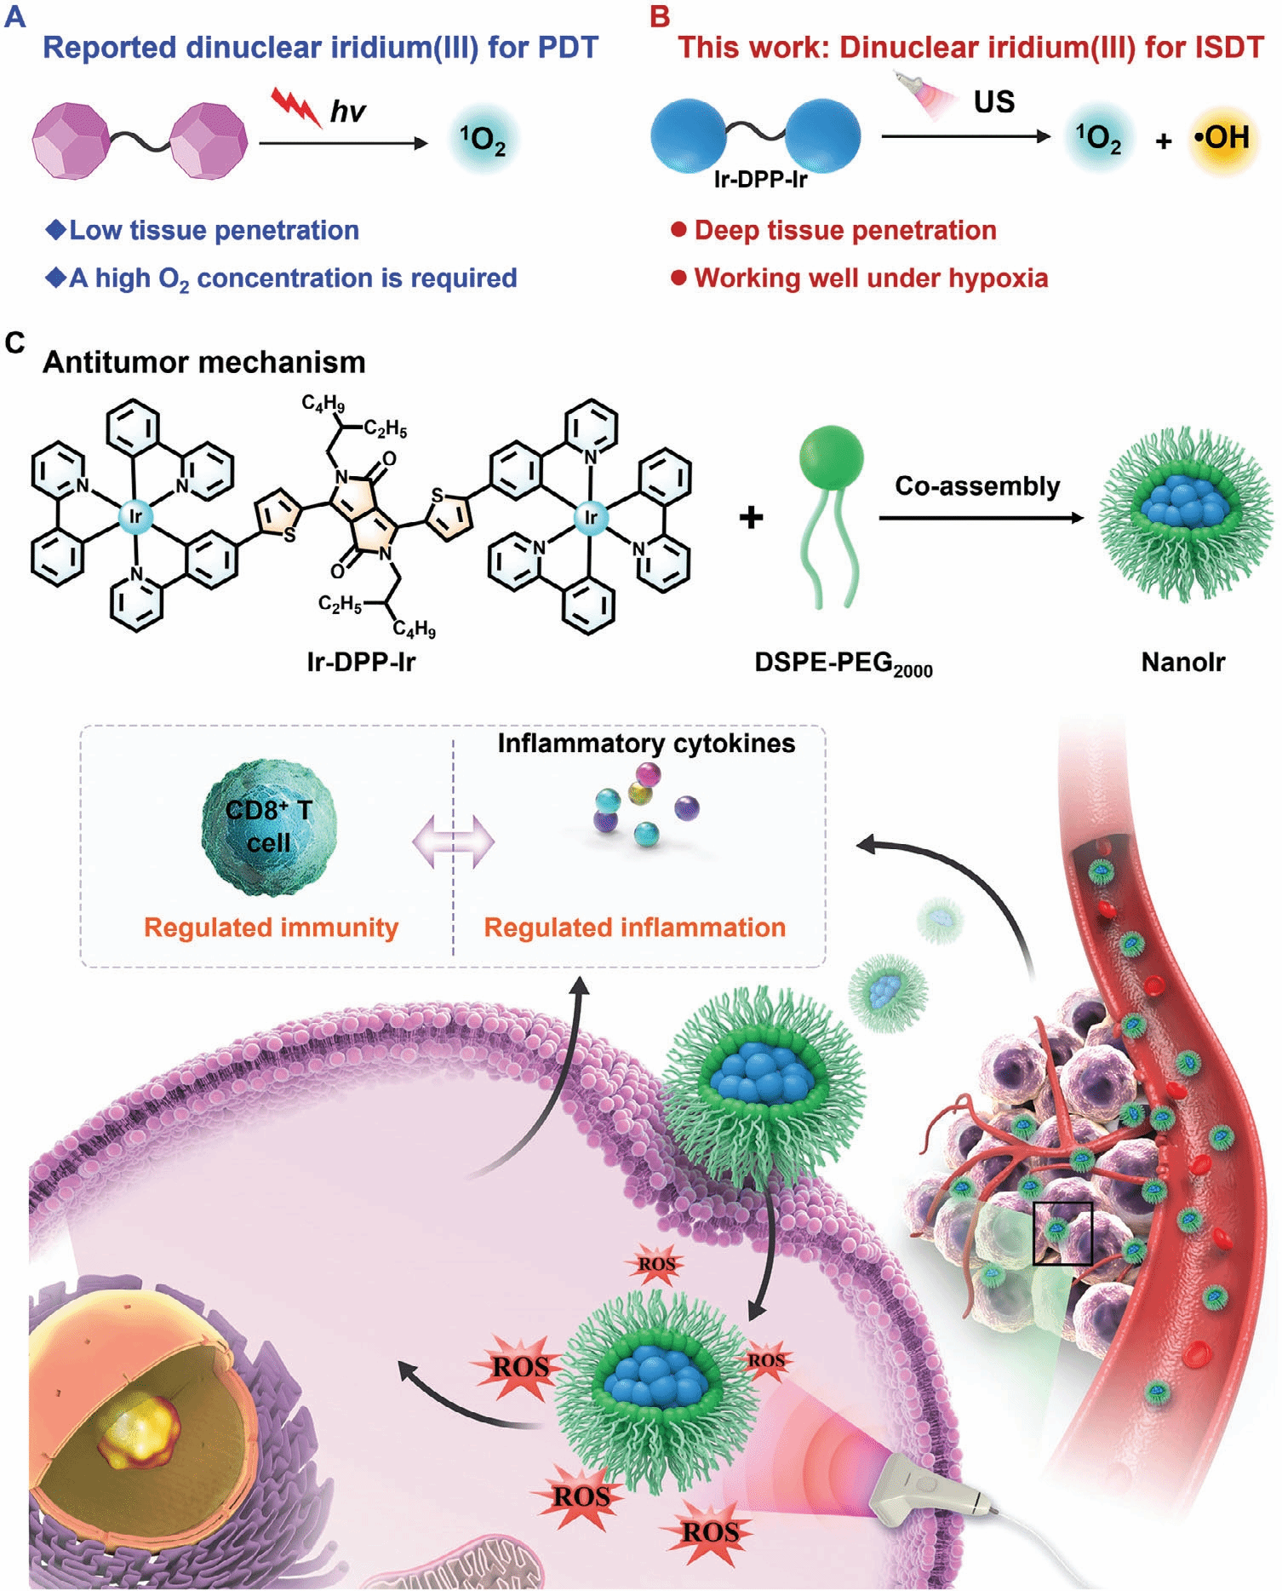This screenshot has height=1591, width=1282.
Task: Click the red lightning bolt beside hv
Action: (x=295, y=106)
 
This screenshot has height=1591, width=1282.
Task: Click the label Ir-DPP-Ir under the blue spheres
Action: (x=760, y=180)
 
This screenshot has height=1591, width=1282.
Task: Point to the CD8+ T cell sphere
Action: (x=268, y=827)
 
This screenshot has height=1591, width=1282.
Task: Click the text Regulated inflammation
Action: (x=634, y=928)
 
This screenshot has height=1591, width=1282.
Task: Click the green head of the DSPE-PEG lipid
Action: (x=831, y=457)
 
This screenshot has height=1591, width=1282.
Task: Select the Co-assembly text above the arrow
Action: (x=977, y=486)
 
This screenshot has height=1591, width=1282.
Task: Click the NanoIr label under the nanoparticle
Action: (x=1182, y=663)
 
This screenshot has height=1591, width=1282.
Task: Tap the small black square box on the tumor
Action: (x=1062, y=1232)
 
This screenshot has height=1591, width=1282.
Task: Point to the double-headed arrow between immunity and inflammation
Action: (x=453, y=842)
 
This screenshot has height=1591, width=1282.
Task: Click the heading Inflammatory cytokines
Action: (x=646, y=744)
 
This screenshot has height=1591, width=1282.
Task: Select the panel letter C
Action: (x=14, y=342)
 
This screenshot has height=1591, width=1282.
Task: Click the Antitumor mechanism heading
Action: (x=204, y=363)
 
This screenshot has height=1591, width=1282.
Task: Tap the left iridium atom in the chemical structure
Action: (x=135, y=515)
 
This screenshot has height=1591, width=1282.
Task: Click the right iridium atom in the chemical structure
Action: (x=590, y=515)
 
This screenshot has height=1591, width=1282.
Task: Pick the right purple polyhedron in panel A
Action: (x=209, y=140)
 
